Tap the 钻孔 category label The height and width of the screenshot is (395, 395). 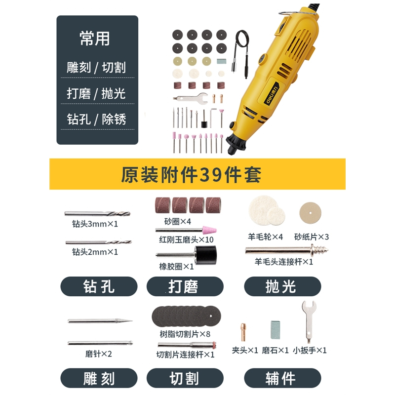(98, 286)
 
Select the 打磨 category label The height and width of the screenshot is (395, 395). (184, 286)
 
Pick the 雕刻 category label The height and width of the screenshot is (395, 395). (98, 378)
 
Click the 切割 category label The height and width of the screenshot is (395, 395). (184, 378)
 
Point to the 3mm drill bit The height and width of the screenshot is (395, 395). (97, 214)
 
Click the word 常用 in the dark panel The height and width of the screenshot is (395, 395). (94, 39)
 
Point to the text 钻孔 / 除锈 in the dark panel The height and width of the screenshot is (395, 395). (97, 119)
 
